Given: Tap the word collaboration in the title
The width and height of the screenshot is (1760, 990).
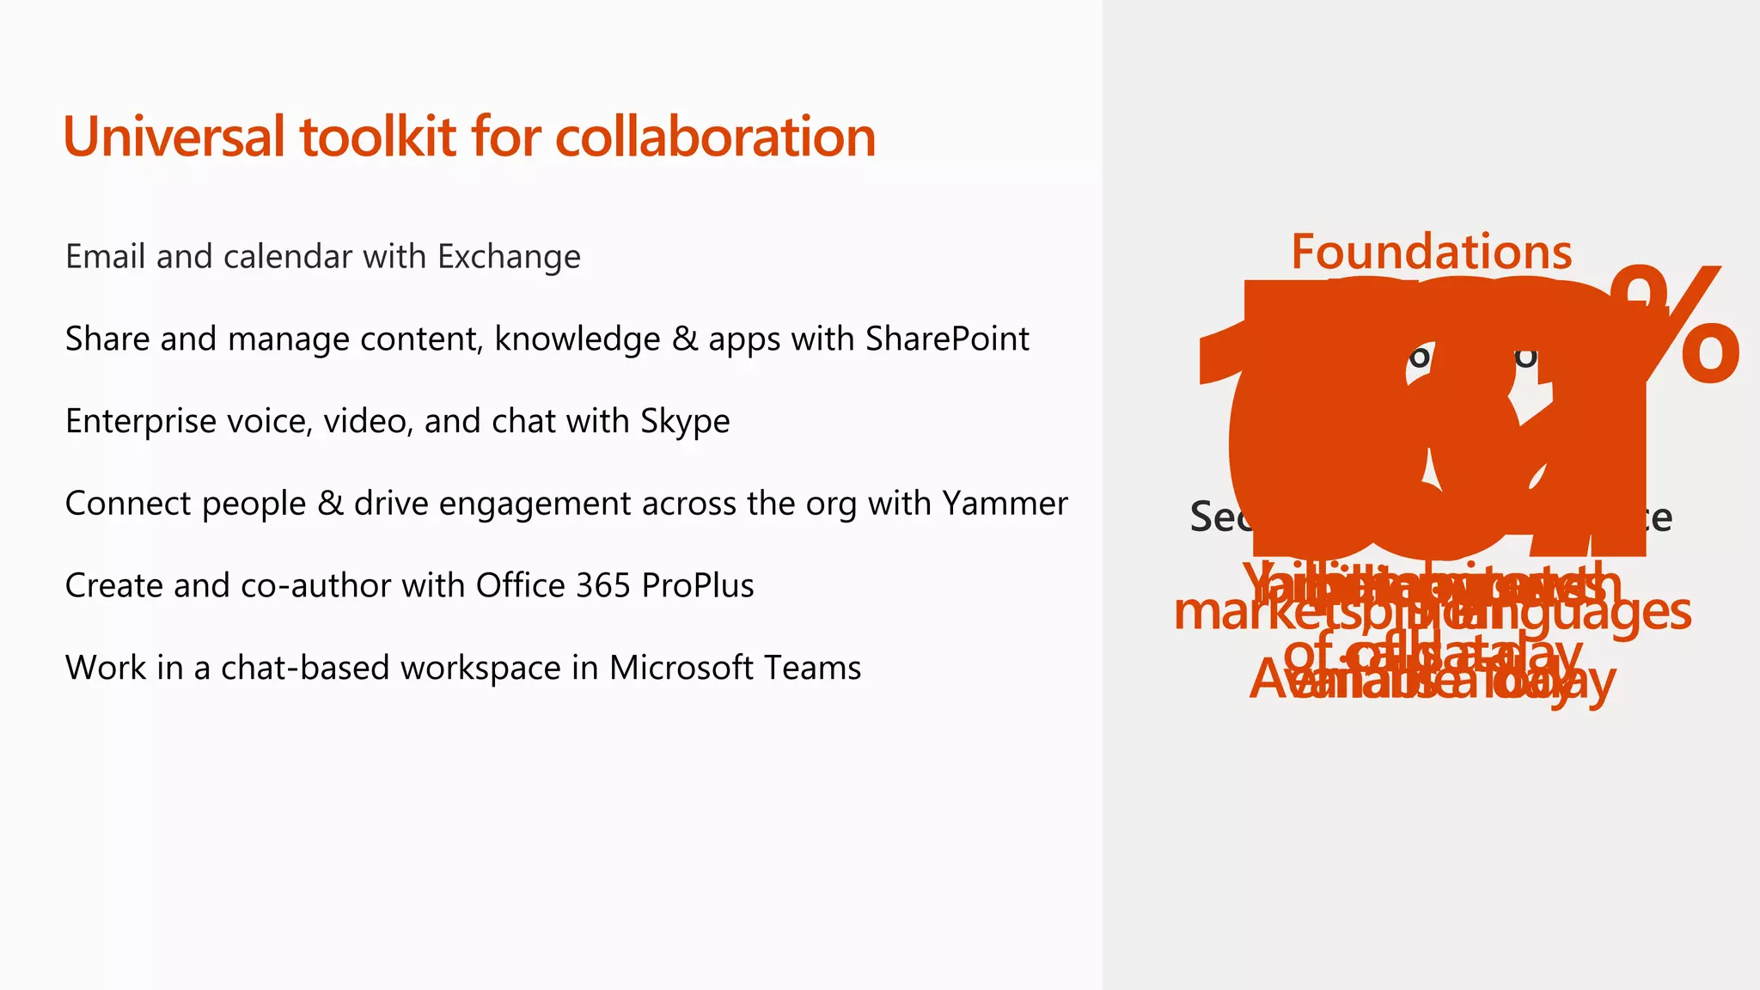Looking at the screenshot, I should coord(715,137).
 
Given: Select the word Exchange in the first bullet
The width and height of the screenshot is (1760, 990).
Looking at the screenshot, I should coord(509,257).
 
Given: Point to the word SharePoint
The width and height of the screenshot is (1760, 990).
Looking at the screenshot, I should coord(947,339).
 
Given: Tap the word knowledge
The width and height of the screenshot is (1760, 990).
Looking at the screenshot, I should coord(577,339).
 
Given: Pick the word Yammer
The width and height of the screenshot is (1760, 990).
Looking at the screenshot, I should coord(1005,504).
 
